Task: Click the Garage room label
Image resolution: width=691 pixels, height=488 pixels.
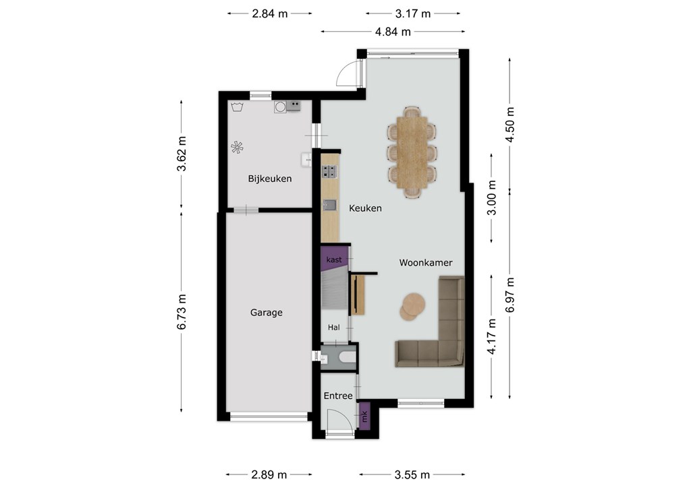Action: [266, 313]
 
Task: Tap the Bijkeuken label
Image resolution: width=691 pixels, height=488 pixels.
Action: [270, 179]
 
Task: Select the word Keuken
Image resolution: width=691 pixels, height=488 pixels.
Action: [365, 208]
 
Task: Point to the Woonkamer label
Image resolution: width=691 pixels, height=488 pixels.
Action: [426, 263]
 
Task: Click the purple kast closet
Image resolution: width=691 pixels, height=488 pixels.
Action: [333, 259]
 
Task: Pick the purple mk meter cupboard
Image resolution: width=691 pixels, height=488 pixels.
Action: [364, 416]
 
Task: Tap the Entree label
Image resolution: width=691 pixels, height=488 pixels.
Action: [338, 396]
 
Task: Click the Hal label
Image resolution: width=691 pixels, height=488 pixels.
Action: [333, 328]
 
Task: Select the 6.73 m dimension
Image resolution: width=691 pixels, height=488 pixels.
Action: [182, 311]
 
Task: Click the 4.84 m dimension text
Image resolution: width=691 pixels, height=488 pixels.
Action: [393, 32]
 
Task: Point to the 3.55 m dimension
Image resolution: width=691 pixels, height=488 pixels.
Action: [412, 475]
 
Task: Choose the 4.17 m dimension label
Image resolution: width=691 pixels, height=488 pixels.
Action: [492, 336]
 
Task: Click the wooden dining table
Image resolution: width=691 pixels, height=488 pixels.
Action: [412, 152]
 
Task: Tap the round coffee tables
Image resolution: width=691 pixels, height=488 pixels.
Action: [412, 306]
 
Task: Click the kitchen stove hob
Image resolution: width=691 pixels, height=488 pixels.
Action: [329, 171]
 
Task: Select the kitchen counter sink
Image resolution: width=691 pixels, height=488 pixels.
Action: [329, 205]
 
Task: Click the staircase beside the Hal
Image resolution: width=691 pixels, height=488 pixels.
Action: [333, 291]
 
